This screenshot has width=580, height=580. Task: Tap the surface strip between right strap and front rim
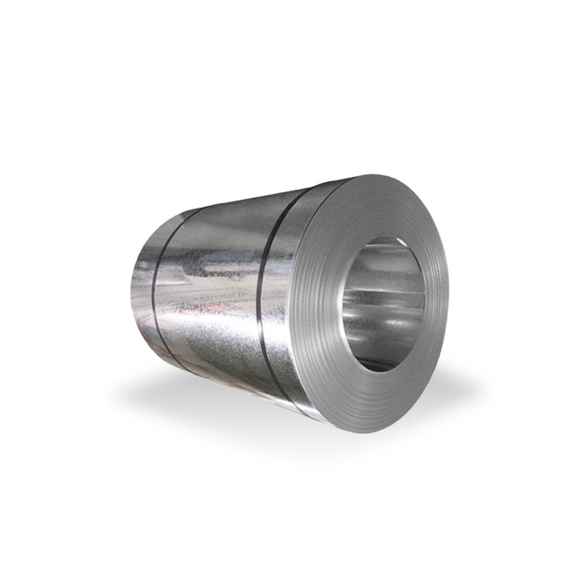294,304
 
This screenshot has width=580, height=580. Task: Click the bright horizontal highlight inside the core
384,290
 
